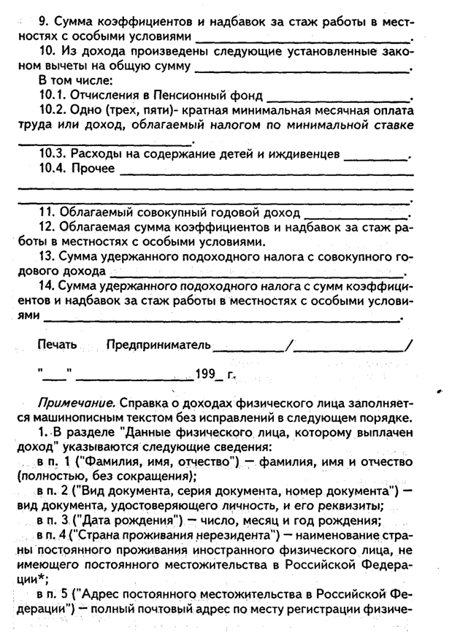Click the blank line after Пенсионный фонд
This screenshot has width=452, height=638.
click(339, 97)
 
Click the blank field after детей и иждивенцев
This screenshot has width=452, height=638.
click(375, 156)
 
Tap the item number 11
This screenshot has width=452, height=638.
click(48, 213)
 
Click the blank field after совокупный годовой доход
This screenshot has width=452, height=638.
click(356, 215)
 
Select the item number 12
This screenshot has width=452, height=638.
click(48, 227)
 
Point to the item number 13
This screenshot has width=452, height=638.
click(48, 257)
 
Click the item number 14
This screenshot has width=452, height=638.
click(48, 286)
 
